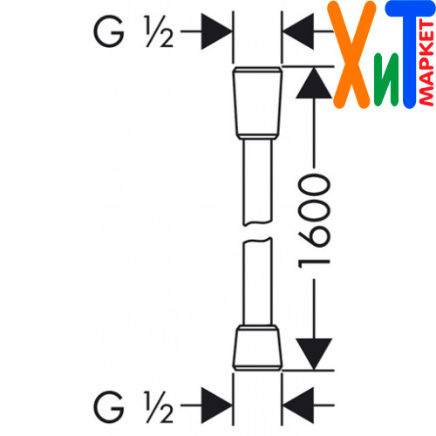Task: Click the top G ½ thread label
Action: tap(133, 31)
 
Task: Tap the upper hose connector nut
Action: tap(257, 103)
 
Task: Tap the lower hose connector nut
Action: tap(257, 348)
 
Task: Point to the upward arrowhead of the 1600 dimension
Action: tap(314, 83)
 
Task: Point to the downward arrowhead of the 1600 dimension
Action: tap(314, 354)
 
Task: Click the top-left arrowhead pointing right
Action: tap(216, 31)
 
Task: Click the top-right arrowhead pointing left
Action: tap(298, 31)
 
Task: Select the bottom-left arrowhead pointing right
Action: tap(216, 405)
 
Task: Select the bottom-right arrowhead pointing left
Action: tap(298, 405)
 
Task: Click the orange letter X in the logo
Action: tap(351, 55)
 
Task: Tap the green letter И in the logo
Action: tap(386, 79)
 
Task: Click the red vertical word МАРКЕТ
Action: tap(426, 63)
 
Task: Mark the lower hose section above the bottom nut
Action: tap(257, 282)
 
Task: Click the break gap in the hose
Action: tap(257, 232)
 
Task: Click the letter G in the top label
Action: tap(109, 31)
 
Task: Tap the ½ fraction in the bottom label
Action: tap(159, 406)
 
